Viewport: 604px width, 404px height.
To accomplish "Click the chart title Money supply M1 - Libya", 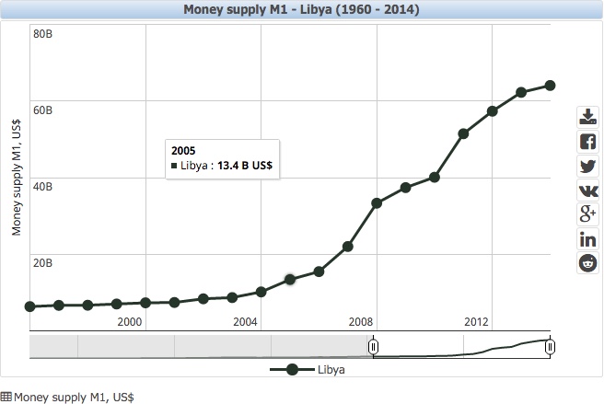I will point(301,10).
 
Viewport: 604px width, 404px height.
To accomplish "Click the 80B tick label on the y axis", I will point(42,33).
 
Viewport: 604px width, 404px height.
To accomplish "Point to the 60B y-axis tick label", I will point(42,110).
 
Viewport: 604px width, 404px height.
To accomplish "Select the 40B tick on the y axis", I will point(42,186).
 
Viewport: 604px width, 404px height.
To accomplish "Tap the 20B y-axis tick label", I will point(42,262).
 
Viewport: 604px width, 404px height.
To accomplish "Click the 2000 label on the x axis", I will point(130,321).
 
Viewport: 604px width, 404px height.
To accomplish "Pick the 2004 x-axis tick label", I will point(245,321).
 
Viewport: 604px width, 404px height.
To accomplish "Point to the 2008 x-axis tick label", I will point(361,321).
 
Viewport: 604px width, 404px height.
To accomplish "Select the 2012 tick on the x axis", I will point(476,321).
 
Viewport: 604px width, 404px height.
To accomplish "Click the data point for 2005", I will point(290,279).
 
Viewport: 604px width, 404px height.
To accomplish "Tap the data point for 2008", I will point(377,202).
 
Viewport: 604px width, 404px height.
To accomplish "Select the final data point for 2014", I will point(550,86).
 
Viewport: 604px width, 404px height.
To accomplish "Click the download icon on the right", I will point(587,117).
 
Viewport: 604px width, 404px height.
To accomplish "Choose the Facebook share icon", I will point(587,142).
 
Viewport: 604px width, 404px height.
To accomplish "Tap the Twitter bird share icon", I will point(587,167).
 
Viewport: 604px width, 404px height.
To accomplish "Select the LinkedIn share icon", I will point(587,239).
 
